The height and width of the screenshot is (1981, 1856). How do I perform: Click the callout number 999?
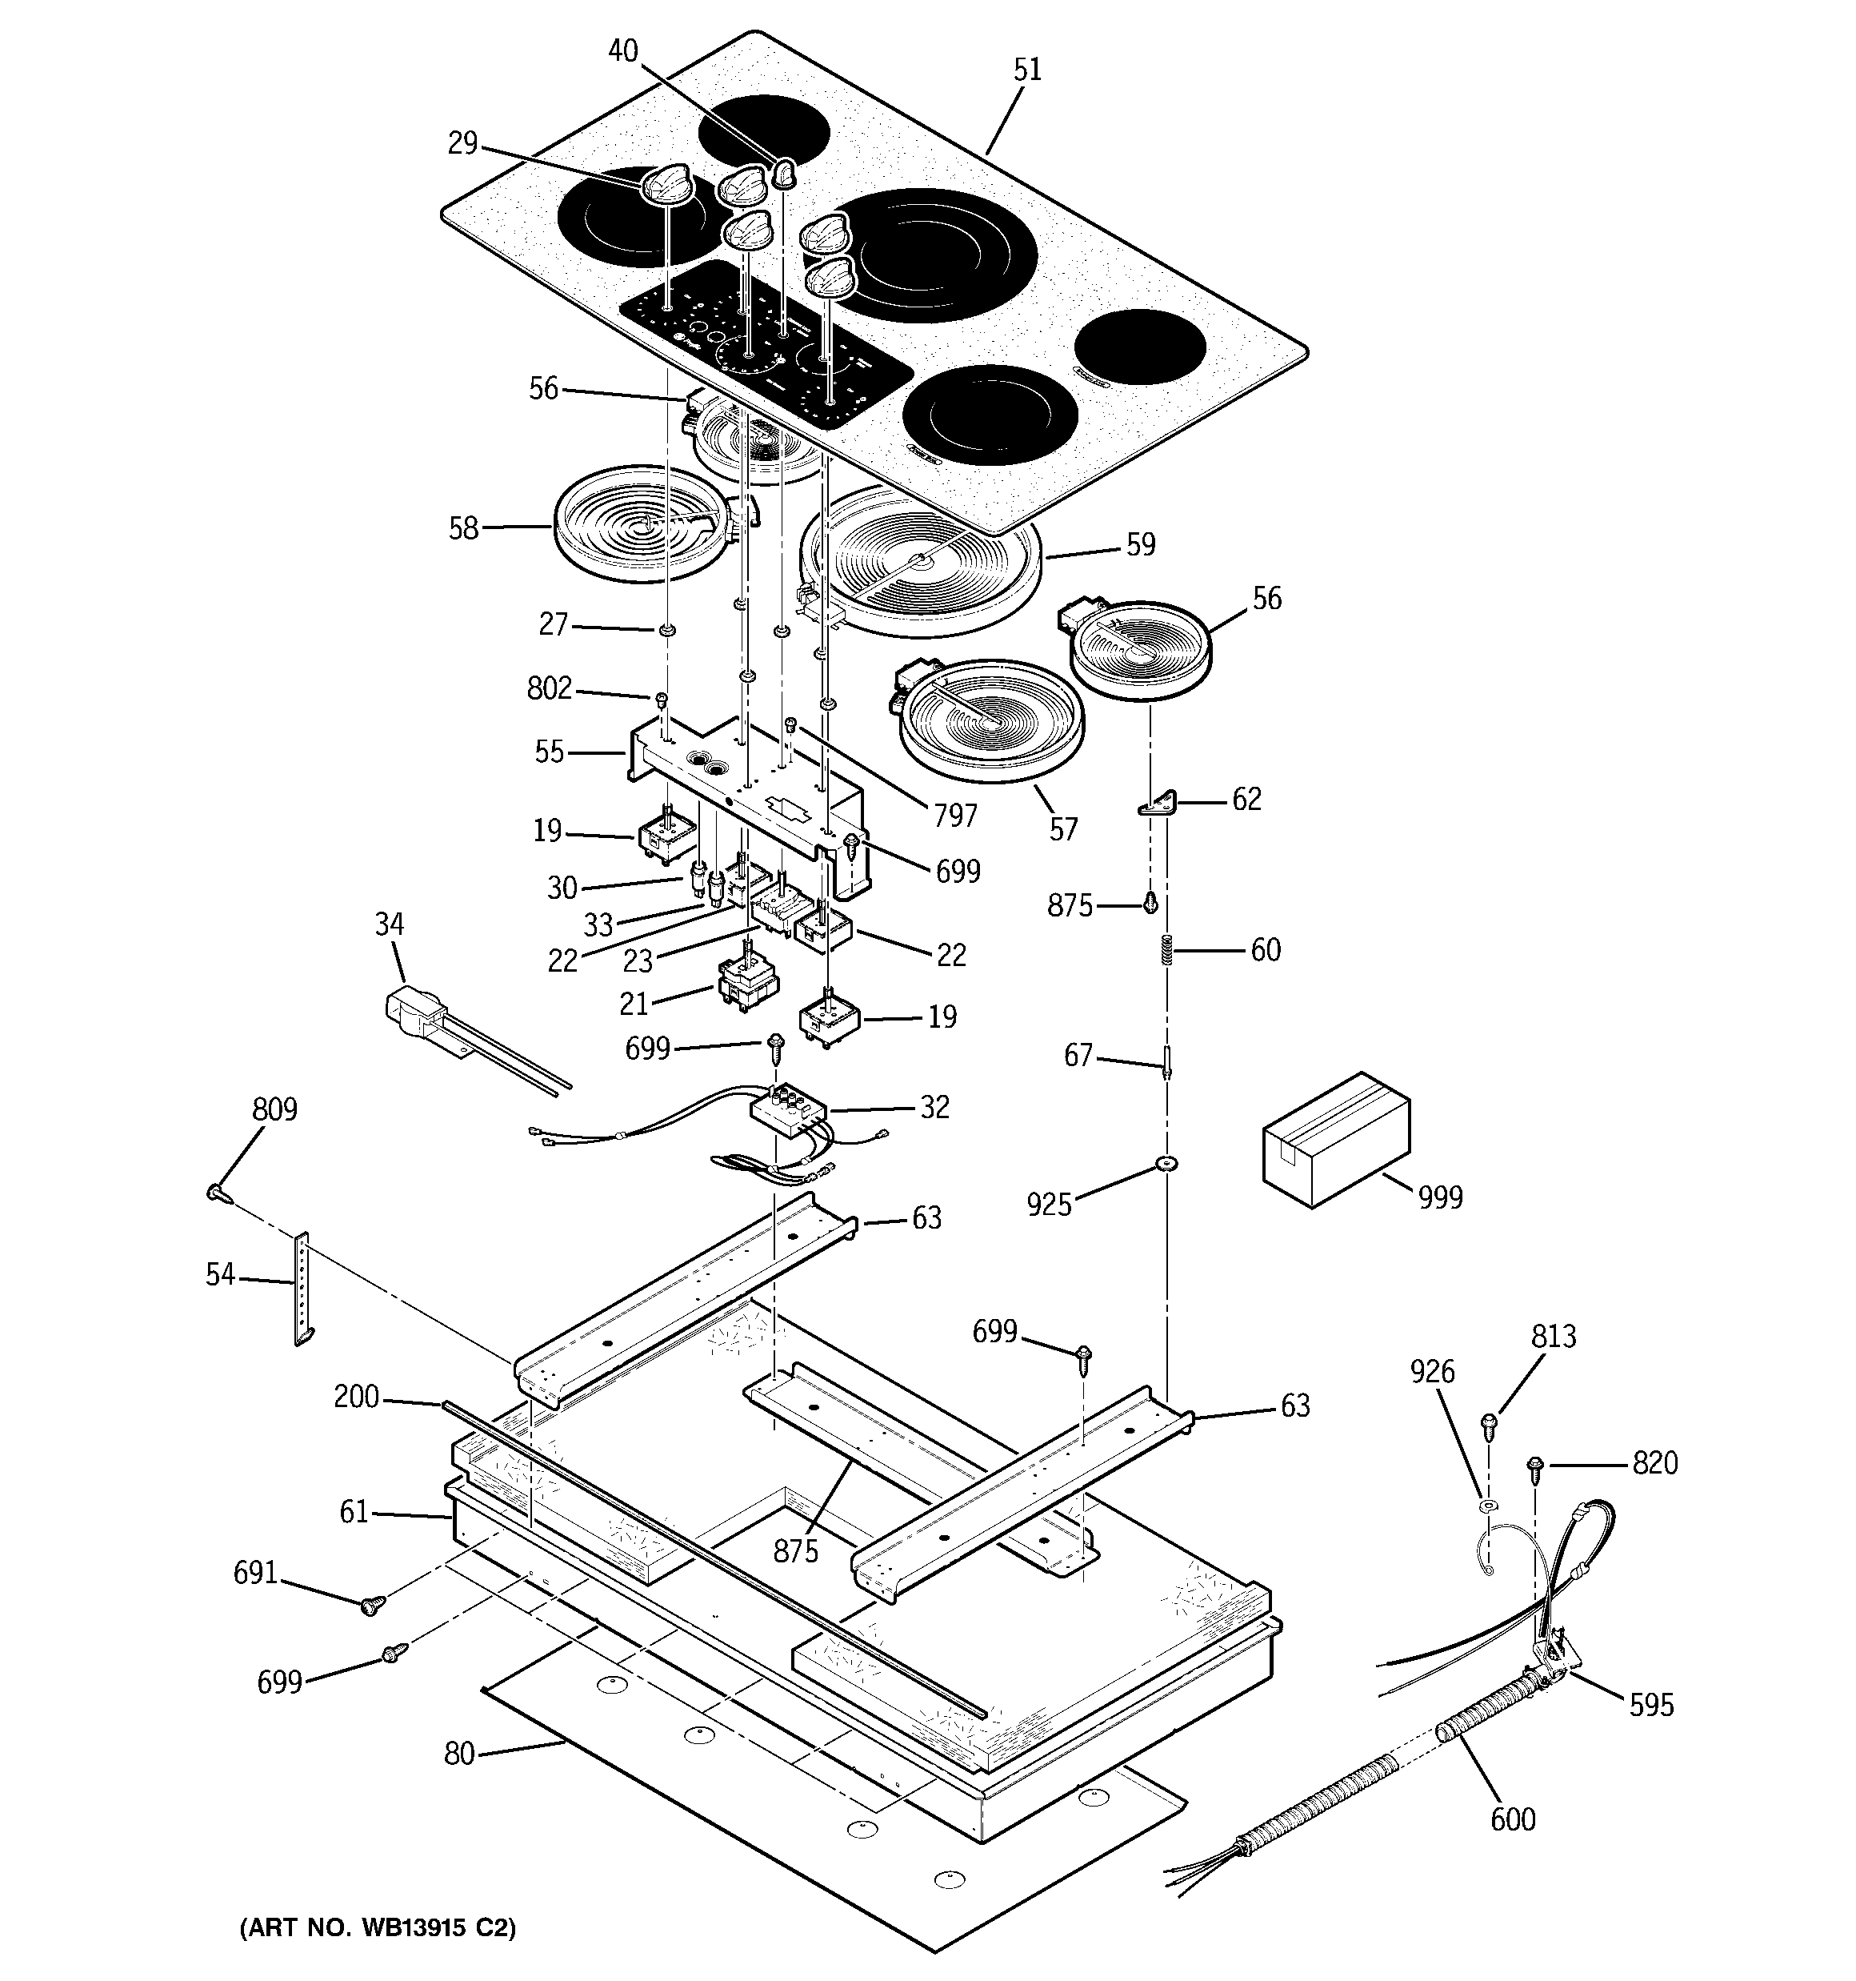point(1441,1197)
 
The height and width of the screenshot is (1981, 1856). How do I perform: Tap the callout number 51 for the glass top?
point(1027,69)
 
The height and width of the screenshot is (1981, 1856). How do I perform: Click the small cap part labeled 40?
point(785,174)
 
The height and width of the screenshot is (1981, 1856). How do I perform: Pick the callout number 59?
point(1141,544)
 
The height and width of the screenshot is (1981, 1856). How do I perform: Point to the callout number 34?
point(390,924)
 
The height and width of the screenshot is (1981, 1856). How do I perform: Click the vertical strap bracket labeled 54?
point(302,1289)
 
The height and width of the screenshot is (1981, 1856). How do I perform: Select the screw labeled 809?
point(217,1191)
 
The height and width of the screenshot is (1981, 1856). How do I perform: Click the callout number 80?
point(459,1754)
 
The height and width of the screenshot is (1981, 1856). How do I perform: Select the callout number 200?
point(356,1397)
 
